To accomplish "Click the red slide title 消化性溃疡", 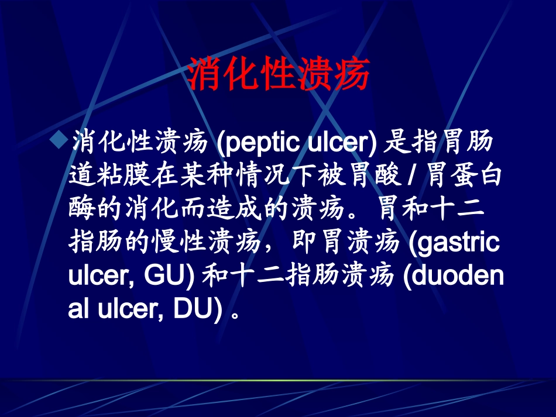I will (x=278, y=74).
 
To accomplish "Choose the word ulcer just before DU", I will (x=126, y=309).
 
